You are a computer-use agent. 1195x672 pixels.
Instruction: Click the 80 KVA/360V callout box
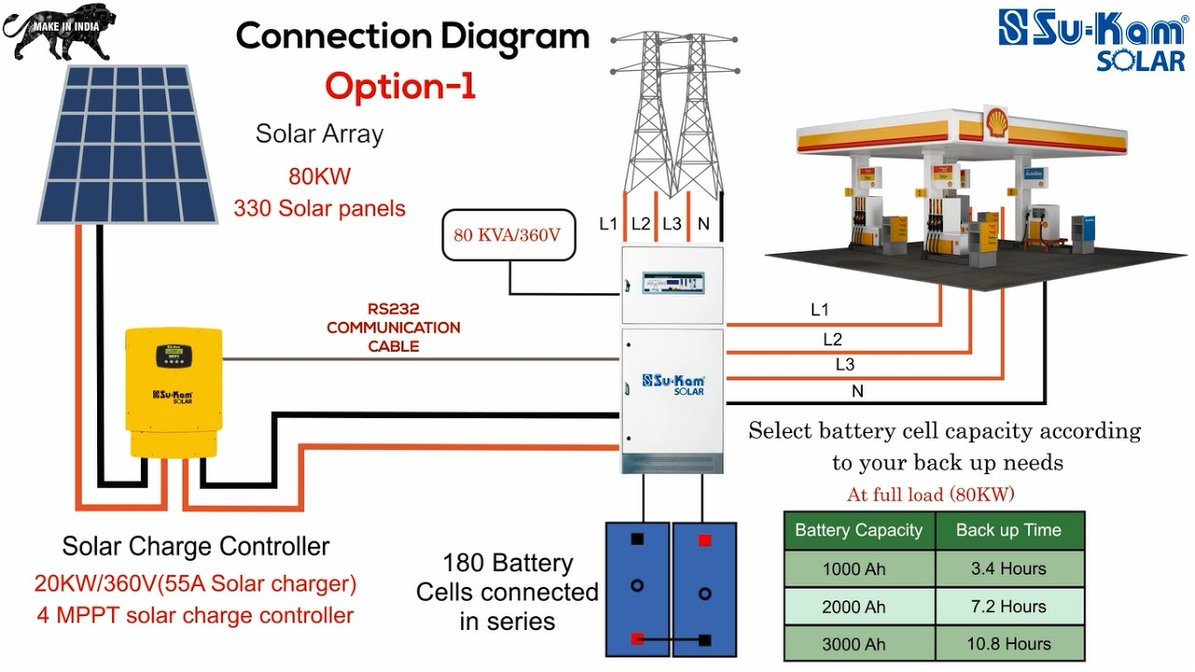[507, 234]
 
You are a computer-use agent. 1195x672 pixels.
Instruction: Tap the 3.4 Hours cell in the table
[1009, 568]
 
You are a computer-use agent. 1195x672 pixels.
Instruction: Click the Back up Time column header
[1009, 530]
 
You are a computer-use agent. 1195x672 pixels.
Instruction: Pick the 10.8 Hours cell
[1009, 644]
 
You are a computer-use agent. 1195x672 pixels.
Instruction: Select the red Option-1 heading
[401, 86]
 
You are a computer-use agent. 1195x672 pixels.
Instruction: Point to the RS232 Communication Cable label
[393, 328]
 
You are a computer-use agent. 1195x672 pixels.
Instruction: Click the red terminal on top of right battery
[705, 539]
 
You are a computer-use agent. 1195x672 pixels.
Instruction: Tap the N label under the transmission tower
[704, 224]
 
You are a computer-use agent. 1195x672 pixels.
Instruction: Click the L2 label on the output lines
[832, 340]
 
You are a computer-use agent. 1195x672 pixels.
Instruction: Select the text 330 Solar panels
[319, 208]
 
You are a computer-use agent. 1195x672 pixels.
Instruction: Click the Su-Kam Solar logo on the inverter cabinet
[673, 384]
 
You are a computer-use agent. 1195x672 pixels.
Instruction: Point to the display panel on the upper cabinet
[672, 279]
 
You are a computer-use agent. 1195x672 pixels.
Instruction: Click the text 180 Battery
[507, 563]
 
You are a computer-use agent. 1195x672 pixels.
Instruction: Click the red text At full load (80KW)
[930, 494]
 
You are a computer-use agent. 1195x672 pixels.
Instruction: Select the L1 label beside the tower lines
[609, 224]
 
